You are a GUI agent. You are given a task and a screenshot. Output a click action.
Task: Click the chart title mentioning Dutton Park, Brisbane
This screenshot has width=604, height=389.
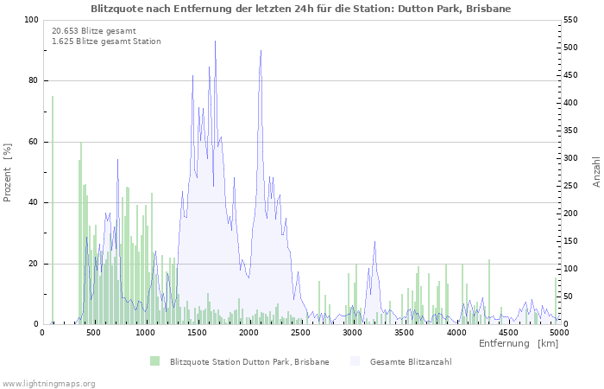click(x=301, y=9)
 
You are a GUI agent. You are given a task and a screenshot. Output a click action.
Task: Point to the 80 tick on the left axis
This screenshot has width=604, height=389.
click(x=34, y=81)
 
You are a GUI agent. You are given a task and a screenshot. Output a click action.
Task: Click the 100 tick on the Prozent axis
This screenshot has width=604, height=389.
click(x=31, y=20)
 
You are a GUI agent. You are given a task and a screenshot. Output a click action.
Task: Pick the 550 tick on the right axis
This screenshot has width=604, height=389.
click(x=572, y=20)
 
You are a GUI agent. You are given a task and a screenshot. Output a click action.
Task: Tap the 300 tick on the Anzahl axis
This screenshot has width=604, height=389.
click(x=572, y=158)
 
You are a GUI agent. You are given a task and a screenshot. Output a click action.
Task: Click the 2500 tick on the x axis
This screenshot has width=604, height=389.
click(x=300, y=332)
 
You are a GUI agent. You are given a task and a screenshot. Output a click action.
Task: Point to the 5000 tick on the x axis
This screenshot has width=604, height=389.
click(x=559, y=332)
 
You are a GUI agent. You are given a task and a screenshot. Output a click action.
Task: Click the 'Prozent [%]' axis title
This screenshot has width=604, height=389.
click(x=8, y=172)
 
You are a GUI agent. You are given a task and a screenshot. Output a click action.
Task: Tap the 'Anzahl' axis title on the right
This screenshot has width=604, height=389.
click(x=596, y=172)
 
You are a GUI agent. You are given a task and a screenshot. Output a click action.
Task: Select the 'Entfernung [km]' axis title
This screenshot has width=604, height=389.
click(x=519, y=344)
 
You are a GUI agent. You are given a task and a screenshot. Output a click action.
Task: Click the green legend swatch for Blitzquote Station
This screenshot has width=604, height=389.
click(x=154, y=361)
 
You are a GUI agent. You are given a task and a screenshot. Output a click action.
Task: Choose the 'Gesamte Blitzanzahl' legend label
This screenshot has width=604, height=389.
click(x=410, y=361)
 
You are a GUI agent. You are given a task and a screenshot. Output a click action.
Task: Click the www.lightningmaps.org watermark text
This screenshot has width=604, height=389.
click(x=48, y=383)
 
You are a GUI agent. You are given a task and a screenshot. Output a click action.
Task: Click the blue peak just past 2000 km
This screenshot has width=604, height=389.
click(x=260, y=52)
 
